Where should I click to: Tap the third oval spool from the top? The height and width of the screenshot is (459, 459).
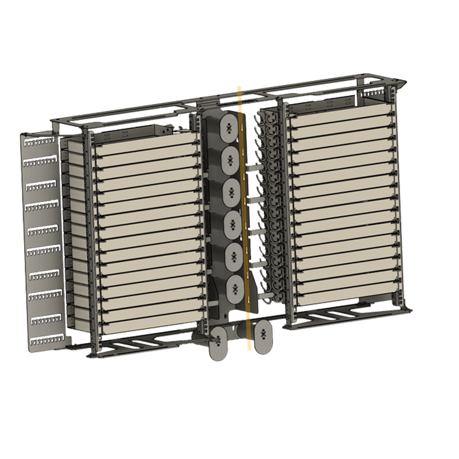tap(231, 191)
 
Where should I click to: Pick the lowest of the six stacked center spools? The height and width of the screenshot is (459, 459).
tap(231, 287)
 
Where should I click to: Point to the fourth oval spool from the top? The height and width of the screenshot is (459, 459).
tap(231, 223)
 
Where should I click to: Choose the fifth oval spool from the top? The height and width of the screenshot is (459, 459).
tap(231, 255)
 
